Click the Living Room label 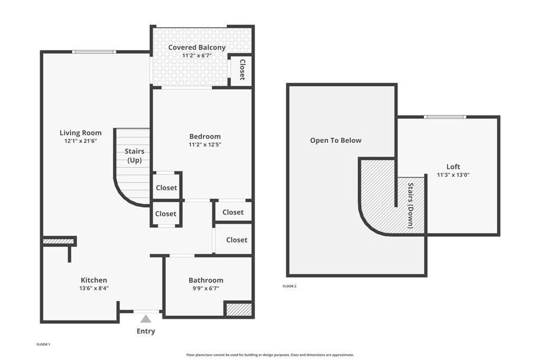pos(81,133)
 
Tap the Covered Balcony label pos(197,47)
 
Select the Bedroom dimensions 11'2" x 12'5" pos(205,145)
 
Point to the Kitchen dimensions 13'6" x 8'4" pos(94,288)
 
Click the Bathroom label pos(206,280)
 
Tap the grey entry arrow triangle pos(146,319)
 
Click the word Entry pos(146,331)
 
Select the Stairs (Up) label pos(134,155)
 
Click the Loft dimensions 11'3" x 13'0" pos(453,175)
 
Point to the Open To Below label pos(336,140)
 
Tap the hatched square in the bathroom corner pos(239,309)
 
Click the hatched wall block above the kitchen pos(59,241)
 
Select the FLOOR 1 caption pos(43,345)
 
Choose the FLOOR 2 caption pos(290,286)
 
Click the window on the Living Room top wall pos(94,52)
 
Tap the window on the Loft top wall pos(445,117)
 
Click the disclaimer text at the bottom pos(270,355)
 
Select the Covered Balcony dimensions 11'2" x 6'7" pos(197,55)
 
